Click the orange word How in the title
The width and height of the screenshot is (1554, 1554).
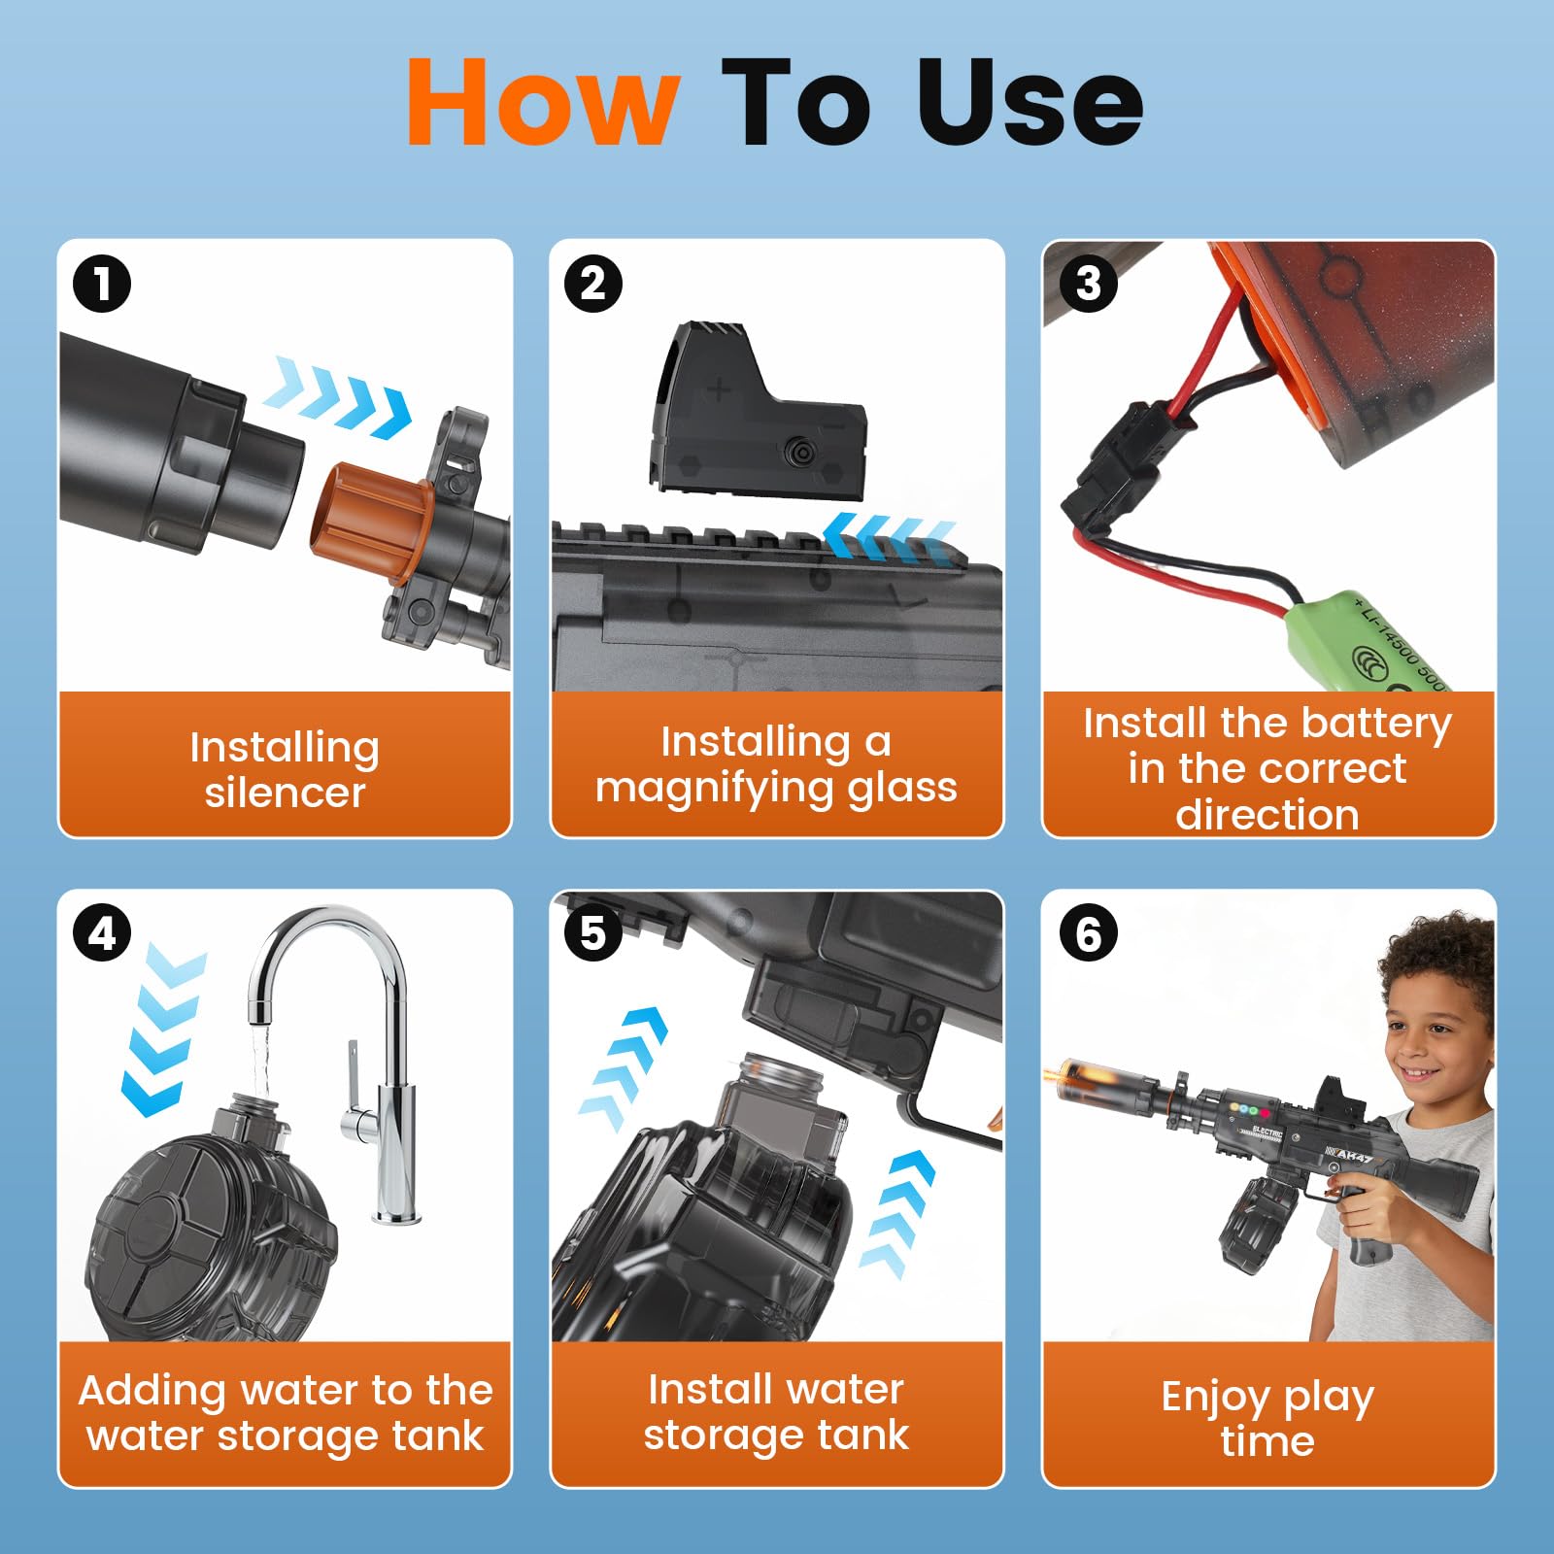(x=542, y=102)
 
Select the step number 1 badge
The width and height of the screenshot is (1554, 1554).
(x=102, y=284)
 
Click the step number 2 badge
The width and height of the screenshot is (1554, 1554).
(x=593, y=284)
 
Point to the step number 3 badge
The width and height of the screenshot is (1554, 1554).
(x=1089, y=284)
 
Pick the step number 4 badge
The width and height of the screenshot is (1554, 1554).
(x=102, y=933)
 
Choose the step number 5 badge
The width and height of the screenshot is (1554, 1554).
(x=593, y=933)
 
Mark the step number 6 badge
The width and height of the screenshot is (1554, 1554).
(x=1089, y=933)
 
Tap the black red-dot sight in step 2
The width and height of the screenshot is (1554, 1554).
(x=758, y=407)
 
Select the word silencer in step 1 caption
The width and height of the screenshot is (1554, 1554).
(x=286, y=794)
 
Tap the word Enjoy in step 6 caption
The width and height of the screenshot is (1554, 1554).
(x=1216, y=1399)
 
